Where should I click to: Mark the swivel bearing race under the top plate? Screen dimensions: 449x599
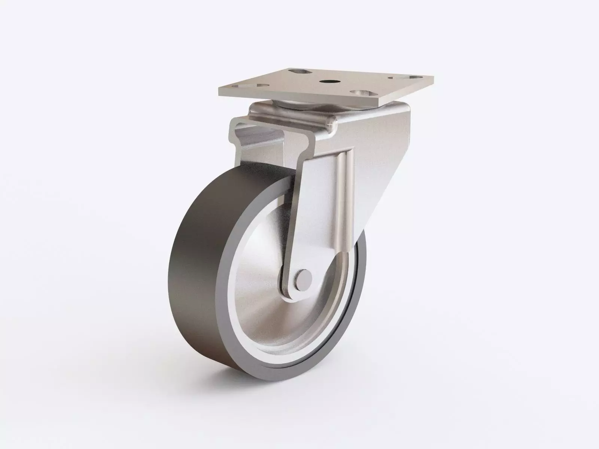[296, 105]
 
